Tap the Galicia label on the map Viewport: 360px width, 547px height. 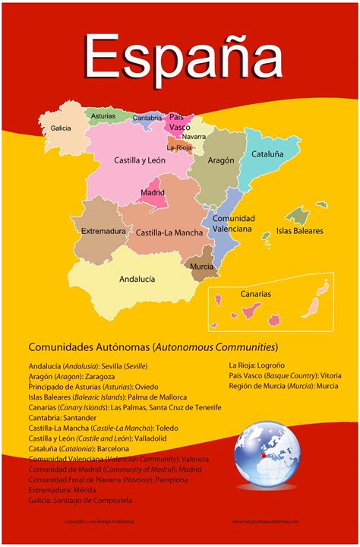(x=62, y=128)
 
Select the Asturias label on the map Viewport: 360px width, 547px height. (x=103, y=116)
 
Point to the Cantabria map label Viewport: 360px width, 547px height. (x=147, y=118)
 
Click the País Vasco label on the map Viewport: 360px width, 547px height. (x=180, y=122)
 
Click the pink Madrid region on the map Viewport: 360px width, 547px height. (x=153, y=192)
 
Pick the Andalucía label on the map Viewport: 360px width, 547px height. (x=137, y=279)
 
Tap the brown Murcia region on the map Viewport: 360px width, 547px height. (x=201, y=267)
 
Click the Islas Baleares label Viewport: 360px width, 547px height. (x=299, y=230)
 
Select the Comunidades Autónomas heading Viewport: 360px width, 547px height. (x=152, y=347)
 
